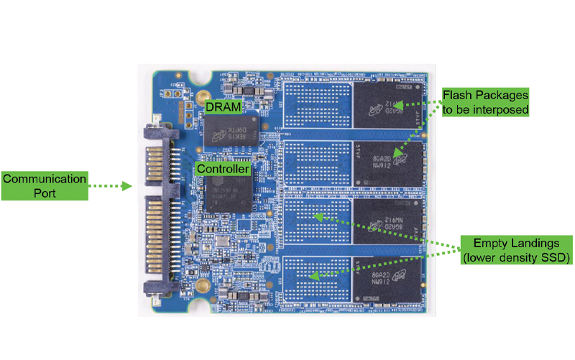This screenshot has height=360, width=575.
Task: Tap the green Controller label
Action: (224, 169)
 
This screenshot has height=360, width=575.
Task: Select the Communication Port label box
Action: (44, 185)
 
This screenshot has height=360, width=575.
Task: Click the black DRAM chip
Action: (231, 130)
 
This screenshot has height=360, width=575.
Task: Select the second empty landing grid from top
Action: (314, 163)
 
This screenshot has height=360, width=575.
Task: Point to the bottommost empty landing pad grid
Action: (314, 278)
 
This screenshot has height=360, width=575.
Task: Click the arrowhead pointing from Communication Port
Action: (128, 186)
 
